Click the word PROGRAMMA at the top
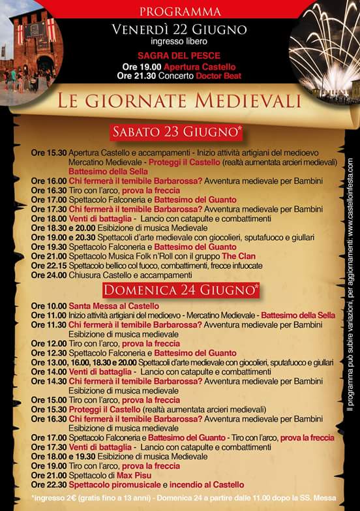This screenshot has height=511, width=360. click(x=180, y=12)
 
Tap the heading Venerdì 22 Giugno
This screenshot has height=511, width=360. click(x=179, y=29)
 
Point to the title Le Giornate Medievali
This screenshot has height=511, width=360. click(x=179, y=101)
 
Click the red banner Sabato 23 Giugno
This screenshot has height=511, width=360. click(x=177, y=132)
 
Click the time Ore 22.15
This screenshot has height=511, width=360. click(x=48, y=266)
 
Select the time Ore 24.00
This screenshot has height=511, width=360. click(x=48, y=275)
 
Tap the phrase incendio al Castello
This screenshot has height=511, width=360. click(x=207, y=485)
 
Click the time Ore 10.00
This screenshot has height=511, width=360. click(x=48, y=305)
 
